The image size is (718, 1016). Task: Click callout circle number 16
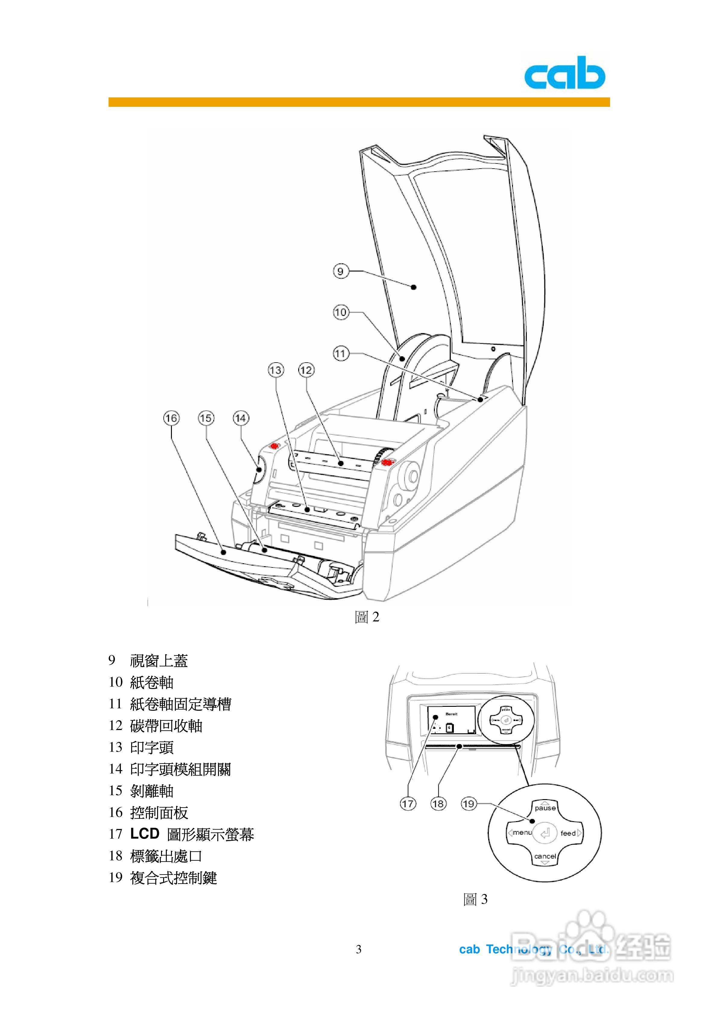[x=171, y=418]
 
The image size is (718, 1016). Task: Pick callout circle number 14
[x=241, y=418]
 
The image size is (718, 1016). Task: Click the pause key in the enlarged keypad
[x=545, y=808]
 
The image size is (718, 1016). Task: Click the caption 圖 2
[x=367, y=617]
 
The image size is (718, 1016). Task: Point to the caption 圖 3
[x=475, y=899]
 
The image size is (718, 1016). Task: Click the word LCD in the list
[x=145, y=834]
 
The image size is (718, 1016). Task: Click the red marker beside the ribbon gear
[x=387, y=462]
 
